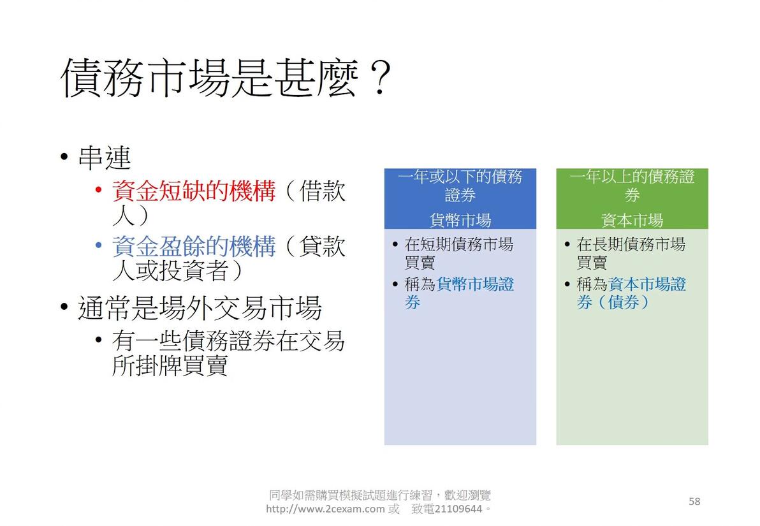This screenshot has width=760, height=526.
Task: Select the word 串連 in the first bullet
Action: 105,158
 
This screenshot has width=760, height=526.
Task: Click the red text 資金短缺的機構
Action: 194,191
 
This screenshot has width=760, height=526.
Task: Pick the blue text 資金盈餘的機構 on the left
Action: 194,246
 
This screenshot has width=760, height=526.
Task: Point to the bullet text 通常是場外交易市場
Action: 200,309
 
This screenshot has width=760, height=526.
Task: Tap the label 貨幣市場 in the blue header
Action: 460,221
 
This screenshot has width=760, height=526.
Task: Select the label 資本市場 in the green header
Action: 632,221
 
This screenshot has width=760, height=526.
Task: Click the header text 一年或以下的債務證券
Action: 460,185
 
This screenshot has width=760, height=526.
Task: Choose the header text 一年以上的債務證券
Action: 632,185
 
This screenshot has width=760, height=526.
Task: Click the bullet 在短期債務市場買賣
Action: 458,253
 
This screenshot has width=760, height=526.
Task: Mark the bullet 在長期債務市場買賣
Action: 631,253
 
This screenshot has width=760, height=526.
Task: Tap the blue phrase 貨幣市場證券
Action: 475,284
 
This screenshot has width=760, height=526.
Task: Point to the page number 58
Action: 694,501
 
